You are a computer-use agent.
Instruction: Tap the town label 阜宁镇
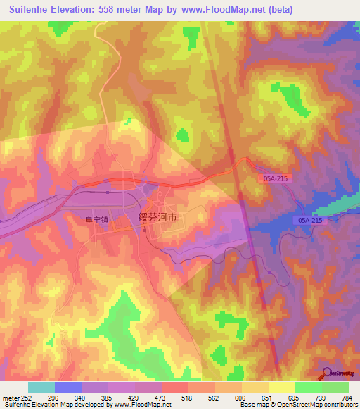[97, 220]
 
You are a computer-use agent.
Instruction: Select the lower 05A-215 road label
[309, 221]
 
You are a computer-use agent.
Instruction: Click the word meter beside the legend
[11, 397]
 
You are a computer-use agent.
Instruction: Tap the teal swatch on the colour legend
[41, 387]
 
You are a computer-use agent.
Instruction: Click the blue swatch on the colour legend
[68, 387]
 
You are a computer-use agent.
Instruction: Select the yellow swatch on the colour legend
[282, 387]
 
